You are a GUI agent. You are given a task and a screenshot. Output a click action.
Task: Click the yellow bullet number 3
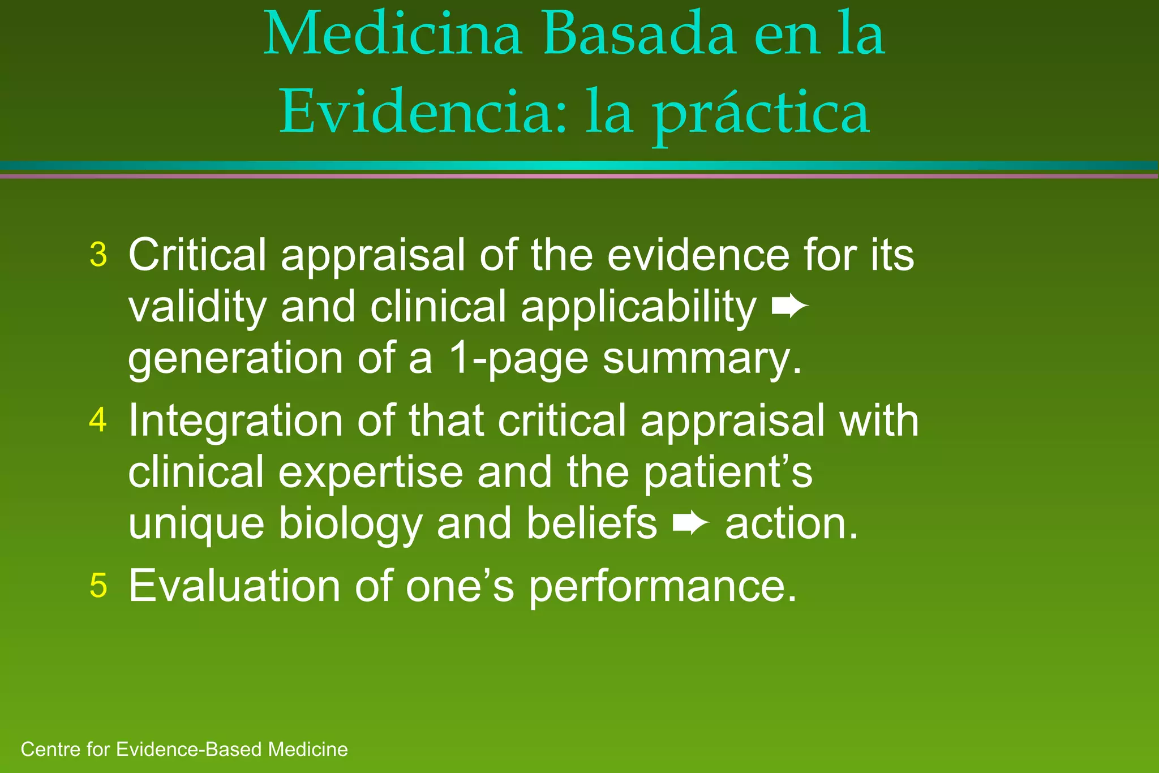[98, 255]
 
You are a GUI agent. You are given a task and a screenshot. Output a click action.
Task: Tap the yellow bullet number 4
[98, 420]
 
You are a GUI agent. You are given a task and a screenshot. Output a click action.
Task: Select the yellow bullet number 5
[98, 586]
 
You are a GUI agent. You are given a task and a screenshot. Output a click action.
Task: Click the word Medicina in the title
[392, 35]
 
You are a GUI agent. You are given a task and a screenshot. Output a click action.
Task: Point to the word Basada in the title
[639, 35]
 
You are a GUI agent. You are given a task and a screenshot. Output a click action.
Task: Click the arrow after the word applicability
[790, 307]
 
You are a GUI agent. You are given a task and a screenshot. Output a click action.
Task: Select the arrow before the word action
[691, 524]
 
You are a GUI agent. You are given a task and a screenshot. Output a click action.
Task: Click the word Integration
[235, 422]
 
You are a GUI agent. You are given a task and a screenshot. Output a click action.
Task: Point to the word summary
[702, 360]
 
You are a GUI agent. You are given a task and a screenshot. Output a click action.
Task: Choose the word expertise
[370, 473]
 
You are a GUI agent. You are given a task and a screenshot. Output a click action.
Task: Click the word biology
[350, 525]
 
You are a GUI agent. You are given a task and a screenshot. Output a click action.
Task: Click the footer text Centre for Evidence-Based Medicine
[184, 750]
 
